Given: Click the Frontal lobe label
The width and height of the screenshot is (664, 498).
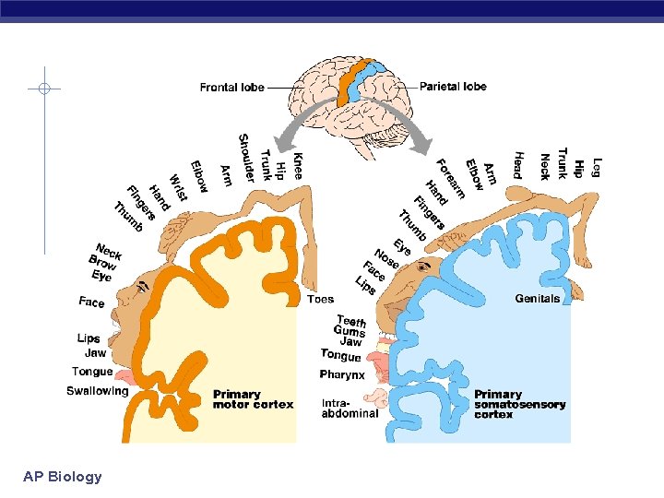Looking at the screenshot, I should pos(231,88).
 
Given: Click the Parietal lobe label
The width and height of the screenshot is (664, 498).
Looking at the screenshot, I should pos(453,87).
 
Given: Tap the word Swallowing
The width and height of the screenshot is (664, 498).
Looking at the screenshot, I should pos(97,391).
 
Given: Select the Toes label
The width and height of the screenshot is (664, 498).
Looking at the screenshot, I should pos(320,299).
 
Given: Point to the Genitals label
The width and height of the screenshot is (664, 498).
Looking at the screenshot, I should pos(537,299).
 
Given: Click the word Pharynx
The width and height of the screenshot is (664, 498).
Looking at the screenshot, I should pos(342,375).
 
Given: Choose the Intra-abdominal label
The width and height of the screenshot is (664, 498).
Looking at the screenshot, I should pos(350,409).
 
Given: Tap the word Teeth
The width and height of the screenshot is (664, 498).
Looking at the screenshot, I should pos(351,321).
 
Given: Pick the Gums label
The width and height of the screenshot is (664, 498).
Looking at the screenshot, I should pos(350,331).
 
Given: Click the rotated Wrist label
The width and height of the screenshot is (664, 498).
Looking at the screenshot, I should pos(178,188).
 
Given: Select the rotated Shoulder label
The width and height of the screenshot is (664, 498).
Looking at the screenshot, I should pos(246,158).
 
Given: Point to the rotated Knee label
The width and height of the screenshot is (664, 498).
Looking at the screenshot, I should pos(297,165).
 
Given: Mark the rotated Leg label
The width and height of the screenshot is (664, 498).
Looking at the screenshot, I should pos(597,166).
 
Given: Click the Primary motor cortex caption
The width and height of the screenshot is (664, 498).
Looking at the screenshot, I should pos(253,399).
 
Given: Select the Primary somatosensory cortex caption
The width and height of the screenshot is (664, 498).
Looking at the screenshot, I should pos(519,404).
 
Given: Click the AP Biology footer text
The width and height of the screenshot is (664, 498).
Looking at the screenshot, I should pos(63,477).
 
